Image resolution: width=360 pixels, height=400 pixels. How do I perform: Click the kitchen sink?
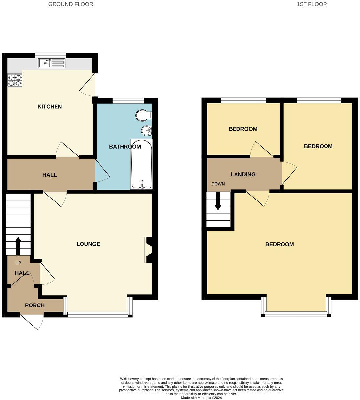coord(52,63)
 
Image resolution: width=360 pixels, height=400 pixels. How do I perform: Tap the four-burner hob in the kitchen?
coord(15,80)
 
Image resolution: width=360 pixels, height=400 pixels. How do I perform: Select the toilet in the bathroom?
coord(144,115)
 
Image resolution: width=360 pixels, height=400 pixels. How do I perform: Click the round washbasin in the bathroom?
coord(146,131)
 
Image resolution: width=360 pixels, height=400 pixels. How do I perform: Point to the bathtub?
coord(142,164)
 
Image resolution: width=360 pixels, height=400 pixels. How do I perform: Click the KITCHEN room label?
coord(50,107)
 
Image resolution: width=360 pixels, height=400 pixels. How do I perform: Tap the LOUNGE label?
coord(88,244)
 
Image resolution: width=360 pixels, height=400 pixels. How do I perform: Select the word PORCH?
coord(35,305)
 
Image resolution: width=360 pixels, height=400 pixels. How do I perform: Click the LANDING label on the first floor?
coord(243,175)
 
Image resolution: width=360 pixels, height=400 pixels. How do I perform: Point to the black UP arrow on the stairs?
coord(18,245)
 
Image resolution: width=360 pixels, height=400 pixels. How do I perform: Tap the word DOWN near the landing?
coord(218,184)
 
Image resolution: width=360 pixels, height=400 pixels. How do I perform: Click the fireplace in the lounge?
coord(148,250)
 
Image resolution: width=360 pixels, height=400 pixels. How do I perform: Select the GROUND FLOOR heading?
coord(71,4)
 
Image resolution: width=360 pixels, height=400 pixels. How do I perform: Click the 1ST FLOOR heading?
coord(312,4)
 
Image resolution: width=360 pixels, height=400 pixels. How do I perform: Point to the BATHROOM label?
coord(125,147)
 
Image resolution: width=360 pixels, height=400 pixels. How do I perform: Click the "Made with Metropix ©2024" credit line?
coord(201,398)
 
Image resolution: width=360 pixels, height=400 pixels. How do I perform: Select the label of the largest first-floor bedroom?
coord(280,244)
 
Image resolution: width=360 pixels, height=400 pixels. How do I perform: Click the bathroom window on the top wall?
coord(128,101)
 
